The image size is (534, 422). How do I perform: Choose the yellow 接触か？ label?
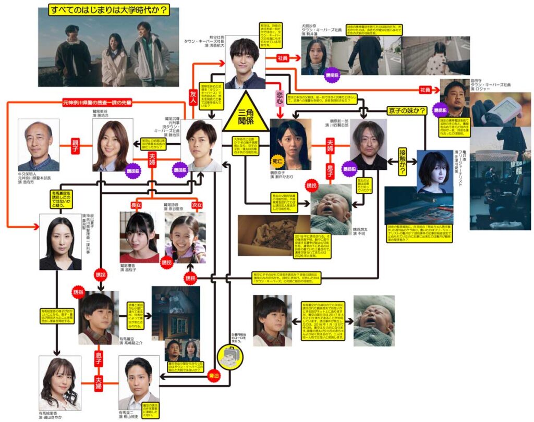click(403, 155)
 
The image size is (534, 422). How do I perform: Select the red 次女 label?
click(197, 204)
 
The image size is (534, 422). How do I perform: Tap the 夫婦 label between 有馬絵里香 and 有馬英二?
click(99, 387)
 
